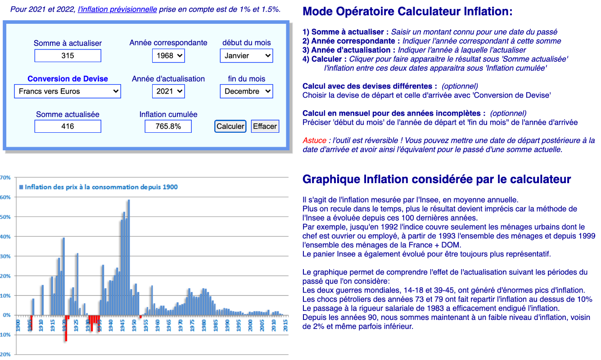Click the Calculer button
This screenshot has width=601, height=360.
pos(230,126)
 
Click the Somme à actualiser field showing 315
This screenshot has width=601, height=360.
pos(68,56)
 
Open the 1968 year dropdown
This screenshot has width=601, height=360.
pos(168,56)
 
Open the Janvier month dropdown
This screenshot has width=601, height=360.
pos(246,56)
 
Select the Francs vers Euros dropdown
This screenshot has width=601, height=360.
pos(68,91)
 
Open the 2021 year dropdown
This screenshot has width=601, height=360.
pos(168,91)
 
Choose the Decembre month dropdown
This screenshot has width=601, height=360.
pos(246,91)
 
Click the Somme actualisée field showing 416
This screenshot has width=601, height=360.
pos(68,126)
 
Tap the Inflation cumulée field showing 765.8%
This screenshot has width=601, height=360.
pos(168,126)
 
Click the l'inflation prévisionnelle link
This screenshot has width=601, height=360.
pos(117,9)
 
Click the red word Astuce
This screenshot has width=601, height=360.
pos(314,140)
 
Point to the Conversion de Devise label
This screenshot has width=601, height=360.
pos(68,79)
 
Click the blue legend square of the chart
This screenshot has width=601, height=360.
pos(21,187)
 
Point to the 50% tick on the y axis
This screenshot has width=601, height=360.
pos(5,217)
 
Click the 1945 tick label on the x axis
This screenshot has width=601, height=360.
pos(122,325)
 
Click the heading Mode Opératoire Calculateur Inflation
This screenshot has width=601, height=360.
pos(407,12)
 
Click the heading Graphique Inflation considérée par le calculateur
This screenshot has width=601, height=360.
pos(437,180)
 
